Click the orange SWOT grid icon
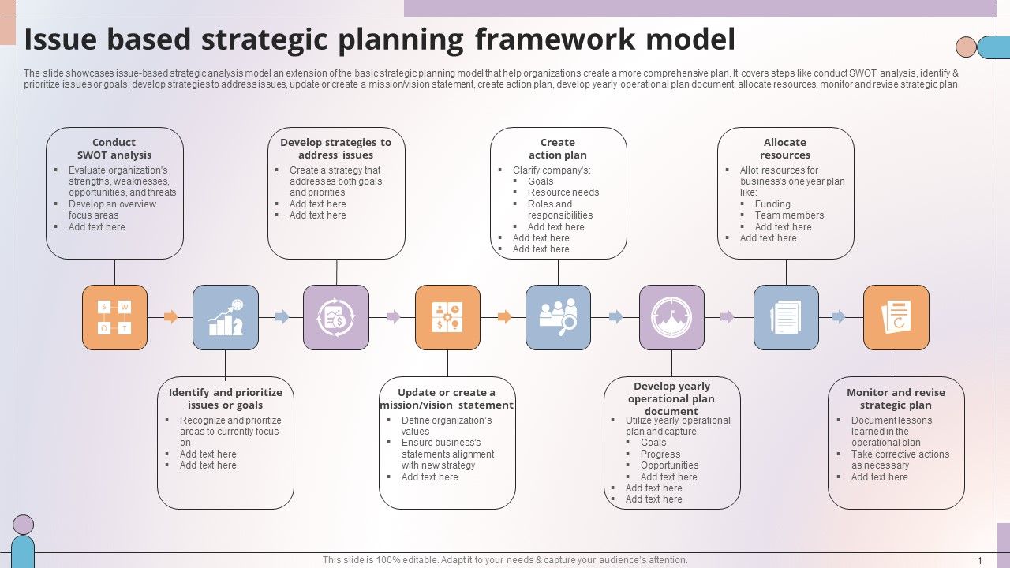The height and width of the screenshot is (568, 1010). point(114,317)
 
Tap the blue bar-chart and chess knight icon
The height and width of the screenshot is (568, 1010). point(226,317)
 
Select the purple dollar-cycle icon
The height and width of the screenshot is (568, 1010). point(336,317)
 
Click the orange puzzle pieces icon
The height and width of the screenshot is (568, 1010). point(447,317)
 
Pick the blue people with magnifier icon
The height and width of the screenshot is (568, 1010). point(558,317)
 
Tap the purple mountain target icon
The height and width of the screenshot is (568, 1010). point(671,317)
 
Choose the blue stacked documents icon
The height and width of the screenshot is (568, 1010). point(786,317)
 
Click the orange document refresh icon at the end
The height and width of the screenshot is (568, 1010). point(896,317)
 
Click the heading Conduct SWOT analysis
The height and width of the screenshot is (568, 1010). point(114,148)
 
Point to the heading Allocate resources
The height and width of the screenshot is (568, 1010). point(785,148)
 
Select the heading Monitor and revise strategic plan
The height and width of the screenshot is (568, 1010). point(896,398)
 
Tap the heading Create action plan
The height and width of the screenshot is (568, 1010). point(558,148)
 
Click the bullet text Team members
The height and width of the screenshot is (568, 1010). point(789,215)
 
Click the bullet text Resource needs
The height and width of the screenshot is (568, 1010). point(563,192)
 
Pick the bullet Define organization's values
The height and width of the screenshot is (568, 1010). point(446,426)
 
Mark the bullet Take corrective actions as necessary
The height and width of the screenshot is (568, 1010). point(900,460)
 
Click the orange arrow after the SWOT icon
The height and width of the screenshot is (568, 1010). point(170,317)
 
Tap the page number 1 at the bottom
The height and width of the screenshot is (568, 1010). point(980,561)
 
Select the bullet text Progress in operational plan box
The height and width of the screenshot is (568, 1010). point(660,454)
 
